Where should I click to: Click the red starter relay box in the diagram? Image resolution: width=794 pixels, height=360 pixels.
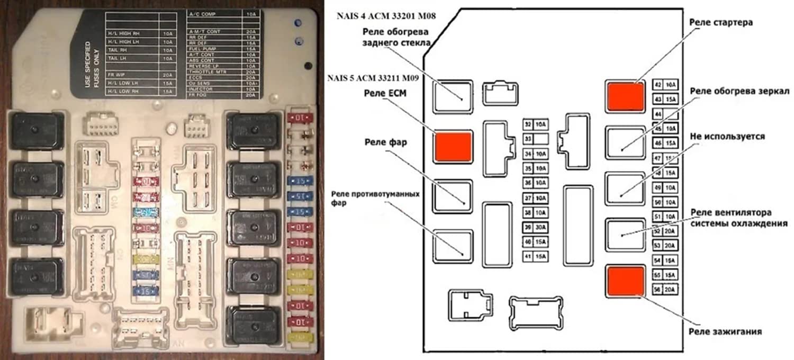[x=625, y=96]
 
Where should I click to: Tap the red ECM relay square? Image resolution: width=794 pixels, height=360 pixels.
[x=453, y=146]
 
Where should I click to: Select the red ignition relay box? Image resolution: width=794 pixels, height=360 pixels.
[x=625, y=281]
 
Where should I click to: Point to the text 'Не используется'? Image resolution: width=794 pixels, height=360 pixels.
[x=727, y=137]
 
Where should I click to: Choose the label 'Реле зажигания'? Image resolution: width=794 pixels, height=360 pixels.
[x=725, y=331]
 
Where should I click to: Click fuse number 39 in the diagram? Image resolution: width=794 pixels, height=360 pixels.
[x=528, y=227]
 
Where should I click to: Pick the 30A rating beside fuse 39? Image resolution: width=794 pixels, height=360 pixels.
[x=540, y=227]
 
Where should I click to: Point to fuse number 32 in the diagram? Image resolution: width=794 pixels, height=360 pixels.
[x=528, y=124]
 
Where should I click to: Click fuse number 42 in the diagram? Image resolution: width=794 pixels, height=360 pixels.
[x=658, y=85]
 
